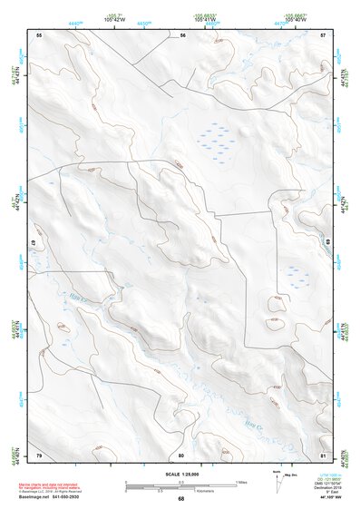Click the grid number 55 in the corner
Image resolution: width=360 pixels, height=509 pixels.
click(x=39, y=34)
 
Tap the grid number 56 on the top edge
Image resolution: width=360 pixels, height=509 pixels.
click(x=182, y=34)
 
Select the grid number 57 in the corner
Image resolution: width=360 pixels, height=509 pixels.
click(x=324, y=34)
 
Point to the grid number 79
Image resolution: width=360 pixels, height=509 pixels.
click(x=39, y=454)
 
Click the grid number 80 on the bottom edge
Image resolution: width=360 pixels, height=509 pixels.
click(x=181, y=454)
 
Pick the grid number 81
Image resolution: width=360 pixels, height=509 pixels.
click(x=324, y=454)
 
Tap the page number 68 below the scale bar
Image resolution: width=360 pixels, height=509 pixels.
click(x=181, y=498)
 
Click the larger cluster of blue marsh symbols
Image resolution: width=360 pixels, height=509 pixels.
click(x=215, y=137)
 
